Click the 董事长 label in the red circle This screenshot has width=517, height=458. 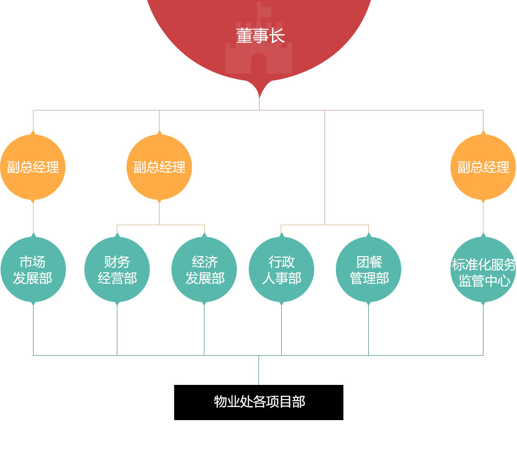260,36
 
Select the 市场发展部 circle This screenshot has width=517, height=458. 33,270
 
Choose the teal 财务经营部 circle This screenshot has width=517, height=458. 117,270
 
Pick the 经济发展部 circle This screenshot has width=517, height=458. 204,270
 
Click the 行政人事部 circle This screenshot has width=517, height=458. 281,270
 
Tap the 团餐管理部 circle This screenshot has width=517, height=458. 368,270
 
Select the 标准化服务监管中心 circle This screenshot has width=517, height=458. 483,270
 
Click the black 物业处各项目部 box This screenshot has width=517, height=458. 258,402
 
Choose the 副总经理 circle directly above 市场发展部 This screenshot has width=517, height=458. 33,167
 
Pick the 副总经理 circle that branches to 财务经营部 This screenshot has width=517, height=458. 159,167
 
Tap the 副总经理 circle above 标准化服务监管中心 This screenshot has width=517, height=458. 483,167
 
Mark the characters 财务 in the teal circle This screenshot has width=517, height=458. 117,262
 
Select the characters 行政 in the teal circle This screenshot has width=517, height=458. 282,262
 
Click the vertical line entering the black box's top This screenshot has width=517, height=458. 258,371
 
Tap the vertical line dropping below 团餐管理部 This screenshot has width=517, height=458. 368,330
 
